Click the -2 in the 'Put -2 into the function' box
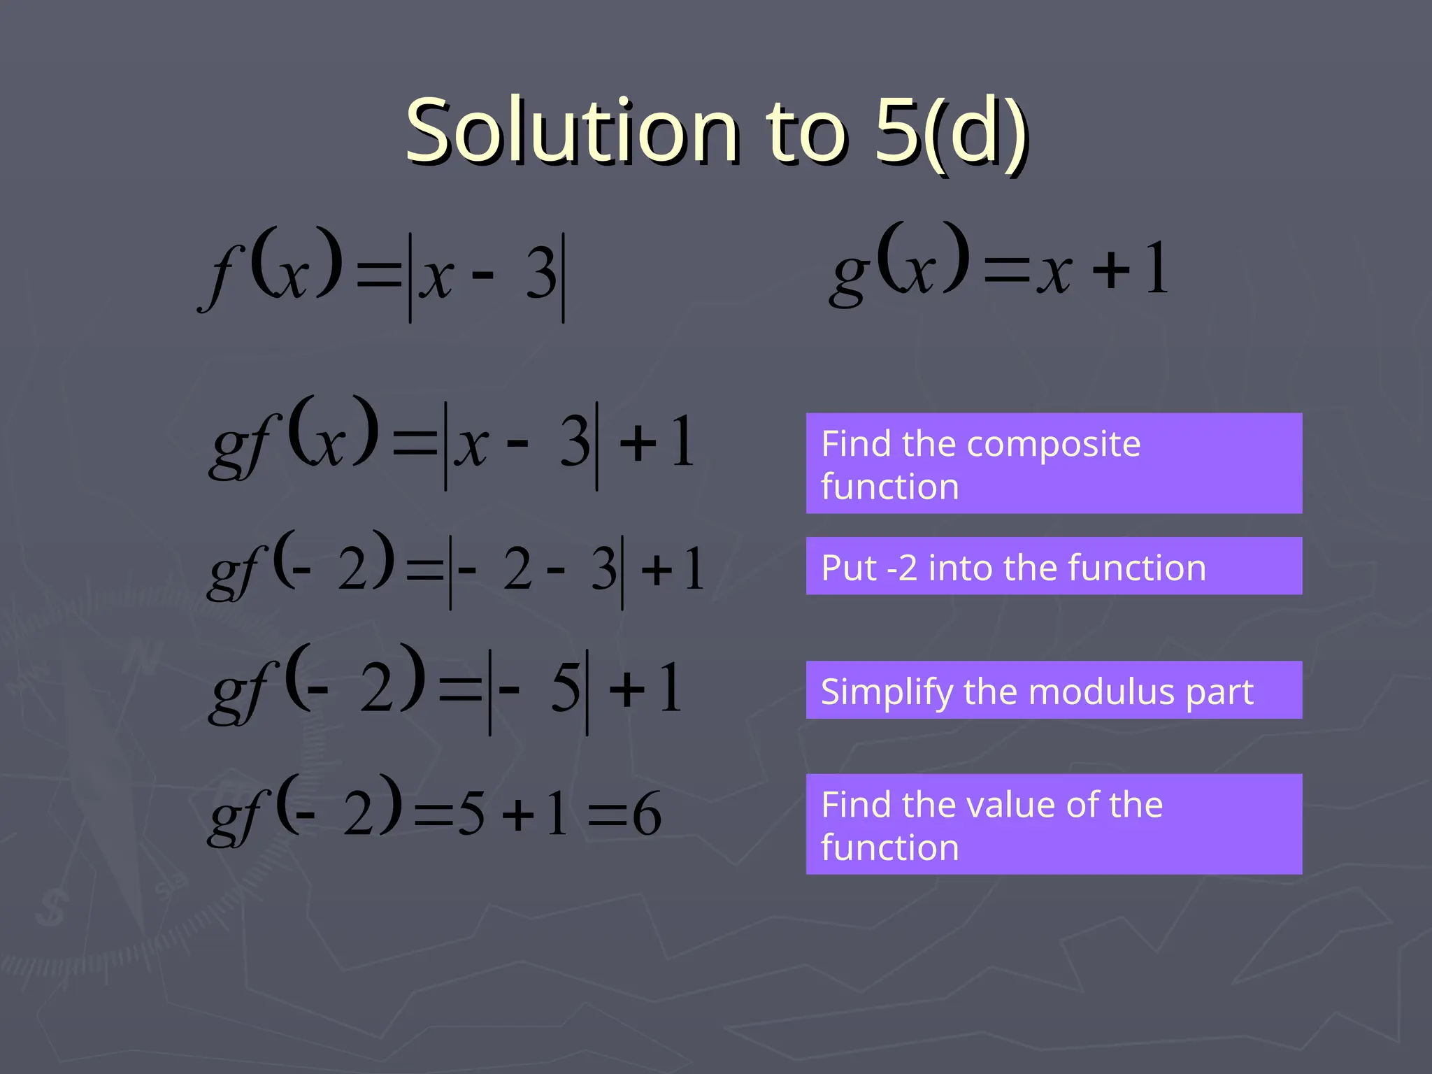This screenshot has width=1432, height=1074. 902,568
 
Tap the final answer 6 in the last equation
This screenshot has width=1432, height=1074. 647,815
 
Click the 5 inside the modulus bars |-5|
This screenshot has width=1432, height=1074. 565,689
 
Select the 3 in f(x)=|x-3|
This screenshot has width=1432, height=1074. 541,276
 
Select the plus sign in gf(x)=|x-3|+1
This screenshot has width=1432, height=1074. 638,443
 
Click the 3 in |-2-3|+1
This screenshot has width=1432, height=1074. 603,569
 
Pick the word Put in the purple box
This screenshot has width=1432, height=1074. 848,568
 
